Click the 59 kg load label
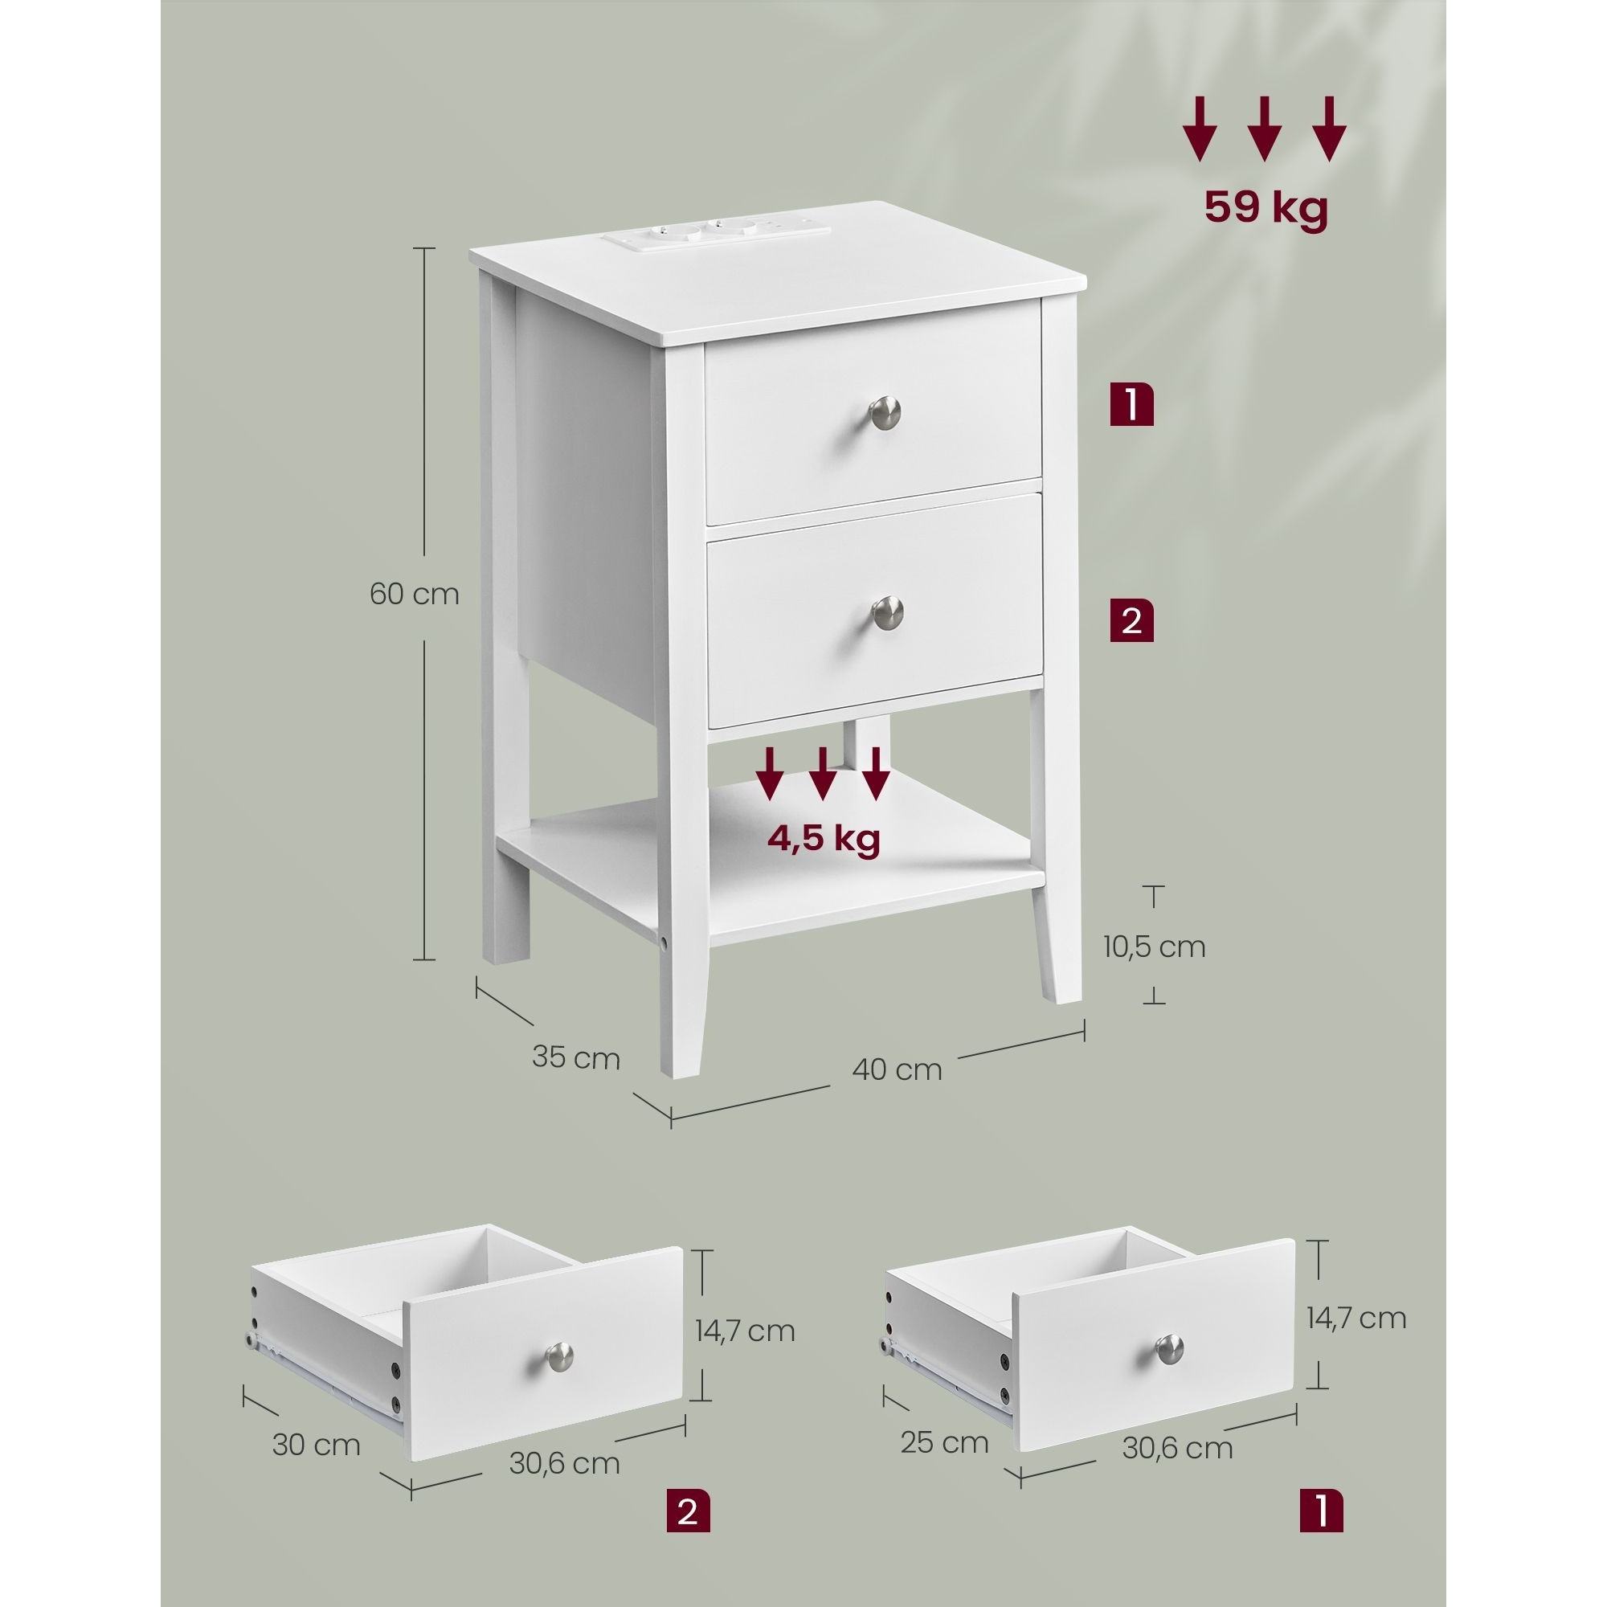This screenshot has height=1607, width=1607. point(1266,209)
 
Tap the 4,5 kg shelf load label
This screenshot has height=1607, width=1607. point(823,838)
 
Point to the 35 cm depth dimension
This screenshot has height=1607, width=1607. point(575,1058)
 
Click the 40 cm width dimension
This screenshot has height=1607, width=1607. point(897,1069)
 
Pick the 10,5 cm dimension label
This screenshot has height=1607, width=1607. point(1155,947)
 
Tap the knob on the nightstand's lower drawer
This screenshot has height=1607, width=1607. point(888,612)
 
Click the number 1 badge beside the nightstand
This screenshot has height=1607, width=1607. point(1131,404)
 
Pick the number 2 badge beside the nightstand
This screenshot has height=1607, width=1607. point(1131,620)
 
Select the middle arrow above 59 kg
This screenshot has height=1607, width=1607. point(1264,129)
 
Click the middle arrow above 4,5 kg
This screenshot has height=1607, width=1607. point(823,774)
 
